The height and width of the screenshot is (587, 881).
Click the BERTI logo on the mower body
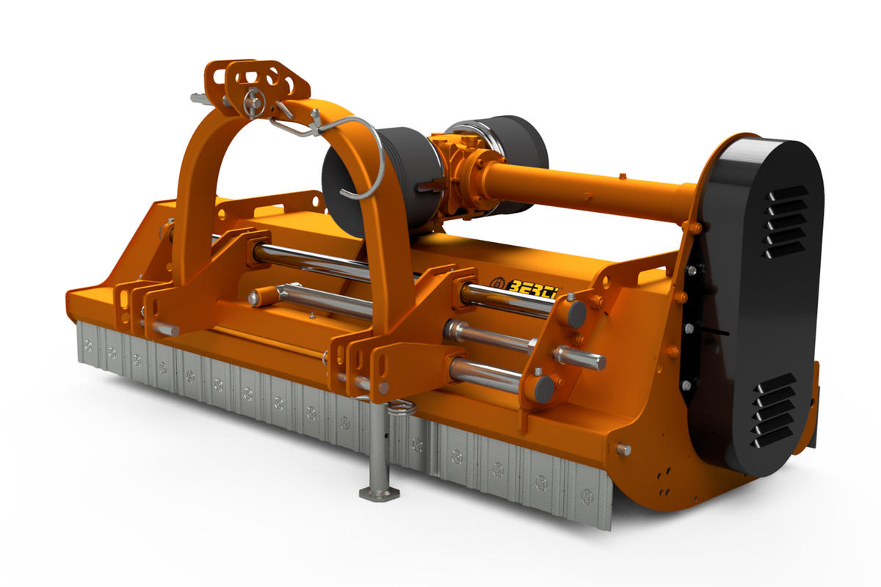point(525,284)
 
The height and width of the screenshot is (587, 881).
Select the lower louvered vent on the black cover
point(774,411)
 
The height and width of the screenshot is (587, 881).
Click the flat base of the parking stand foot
point(379,493)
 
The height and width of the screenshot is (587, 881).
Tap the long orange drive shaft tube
point(590,193)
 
